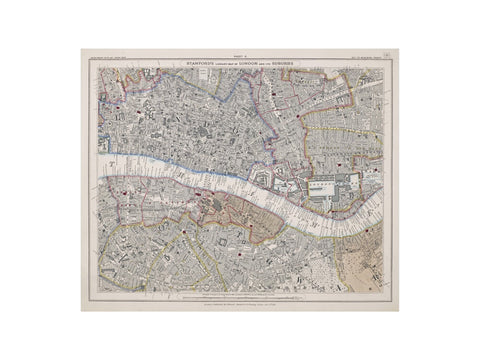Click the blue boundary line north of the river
[230, 100]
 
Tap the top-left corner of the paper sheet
[81, 49]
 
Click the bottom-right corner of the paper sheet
[398, 311]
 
